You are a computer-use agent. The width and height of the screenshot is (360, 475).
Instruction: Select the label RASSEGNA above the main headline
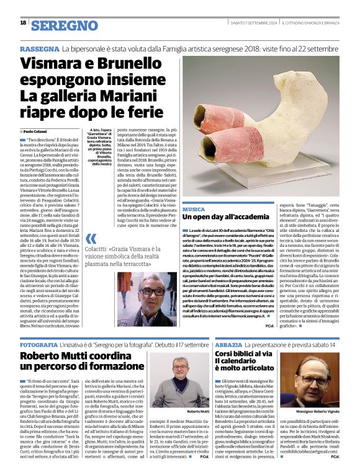tap(39, 48)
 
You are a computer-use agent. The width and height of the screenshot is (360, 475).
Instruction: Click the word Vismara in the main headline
tap(58, 63)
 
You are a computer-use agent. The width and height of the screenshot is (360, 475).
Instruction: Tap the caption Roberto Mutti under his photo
tap(197, 411)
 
